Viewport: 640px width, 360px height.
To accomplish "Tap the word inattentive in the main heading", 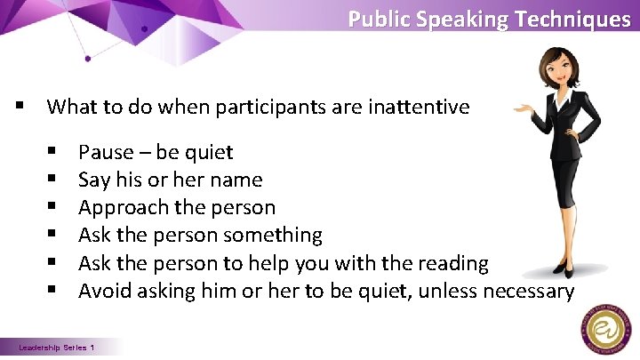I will tap(419, 108).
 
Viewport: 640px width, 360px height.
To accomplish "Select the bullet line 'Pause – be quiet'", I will tap(156, 152).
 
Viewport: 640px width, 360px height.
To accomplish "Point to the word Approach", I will tap(115, 208).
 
